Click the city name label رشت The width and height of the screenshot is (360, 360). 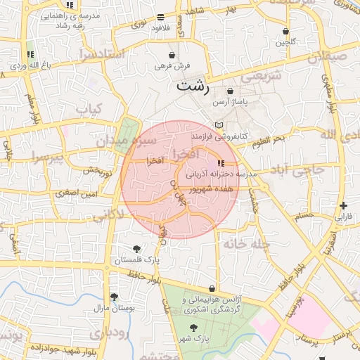[192, 87]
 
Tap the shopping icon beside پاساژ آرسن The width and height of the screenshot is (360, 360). [231, 91]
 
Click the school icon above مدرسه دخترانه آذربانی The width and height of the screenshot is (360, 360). [212, 163]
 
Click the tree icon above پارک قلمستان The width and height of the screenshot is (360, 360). [136, 249]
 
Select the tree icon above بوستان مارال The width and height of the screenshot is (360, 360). [114, 297]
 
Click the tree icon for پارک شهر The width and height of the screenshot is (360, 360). [193, 328]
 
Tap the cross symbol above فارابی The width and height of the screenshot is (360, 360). [342, 206]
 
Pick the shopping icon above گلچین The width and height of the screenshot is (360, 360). [285, 32]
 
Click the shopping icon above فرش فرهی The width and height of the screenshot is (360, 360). [172, 56]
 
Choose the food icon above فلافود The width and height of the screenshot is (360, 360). [161, 16]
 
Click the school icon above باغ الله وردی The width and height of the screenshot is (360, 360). [30, 54]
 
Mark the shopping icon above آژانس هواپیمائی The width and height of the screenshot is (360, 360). [212, 288]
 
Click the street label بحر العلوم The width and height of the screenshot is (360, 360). [270, 140]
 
